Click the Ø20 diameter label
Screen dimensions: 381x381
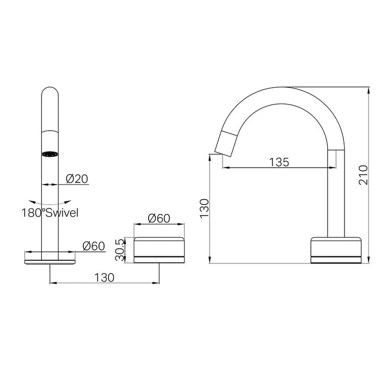(x=77, y=179)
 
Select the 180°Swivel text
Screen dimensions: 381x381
(x=50, y=213)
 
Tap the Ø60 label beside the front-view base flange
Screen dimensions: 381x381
(x=94, y=246)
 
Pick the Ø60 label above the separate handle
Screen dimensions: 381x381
(x=159, y=219)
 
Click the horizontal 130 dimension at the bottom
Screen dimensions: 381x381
(x=103, y=277)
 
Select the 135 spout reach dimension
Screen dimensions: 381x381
(x=278, y=162)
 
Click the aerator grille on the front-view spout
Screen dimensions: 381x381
(x=50, y=153)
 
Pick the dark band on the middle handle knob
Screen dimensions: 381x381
(x=159, y=255)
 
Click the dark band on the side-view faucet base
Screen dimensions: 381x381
(x=335, y=255)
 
